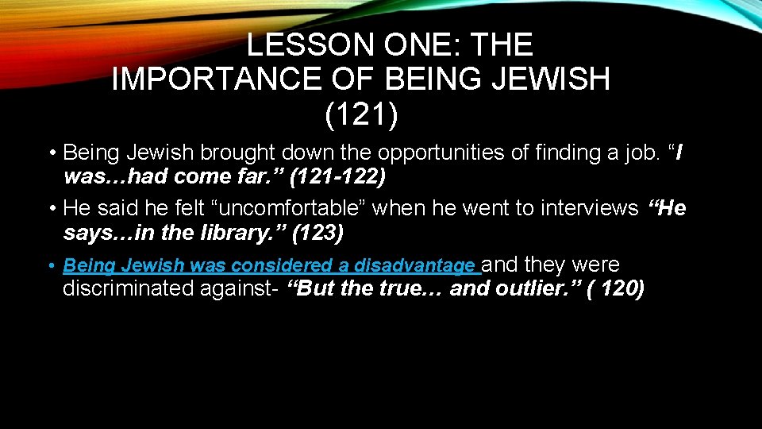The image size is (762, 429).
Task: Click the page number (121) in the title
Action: pyautogui.click(x=361, y=114)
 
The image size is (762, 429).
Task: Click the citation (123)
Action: pyautogui.click(x=317, y=235)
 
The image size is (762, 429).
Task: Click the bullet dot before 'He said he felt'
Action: pyautogui.click(x=51, y=209)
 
